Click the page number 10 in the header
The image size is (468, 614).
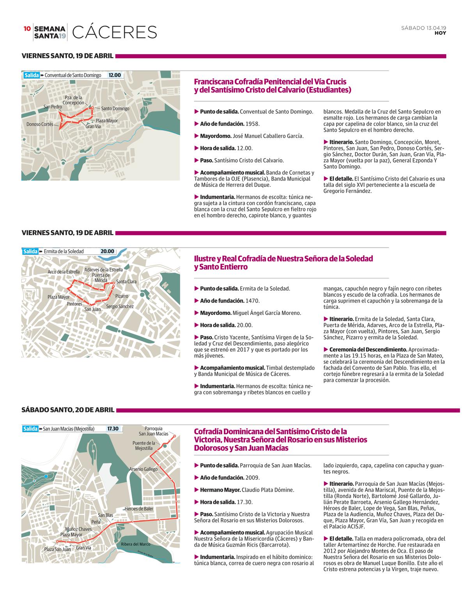(27, 28)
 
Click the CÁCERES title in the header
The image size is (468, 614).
(114, 32)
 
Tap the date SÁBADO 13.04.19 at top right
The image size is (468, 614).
(424, 28)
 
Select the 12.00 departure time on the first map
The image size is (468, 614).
(115, 75)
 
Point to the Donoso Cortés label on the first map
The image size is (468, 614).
(40, 124)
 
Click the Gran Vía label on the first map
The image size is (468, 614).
(93, 126)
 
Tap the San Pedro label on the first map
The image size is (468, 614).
(53, 106)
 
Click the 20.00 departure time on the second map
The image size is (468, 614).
(107, 251)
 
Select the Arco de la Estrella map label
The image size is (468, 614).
(64, 272)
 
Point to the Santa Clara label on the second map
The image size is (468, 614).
(126, 281)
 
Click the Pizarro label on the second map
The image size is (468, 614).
(122, 296)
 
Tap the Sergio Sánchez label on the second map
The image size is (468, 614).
(120, 306)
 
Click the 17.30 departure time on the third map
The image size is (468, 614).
(113, 429)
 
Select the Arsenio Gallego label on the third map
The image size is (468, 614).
(143, 469)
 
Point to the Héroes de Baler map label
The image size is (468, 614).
(139, 509)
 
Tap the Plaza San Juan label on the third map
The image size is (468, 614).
(57, 549)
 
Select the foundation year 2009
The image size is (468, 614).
(252, 478)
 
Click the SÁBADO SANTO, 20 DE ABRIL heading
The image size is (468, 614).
(68, 410)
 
